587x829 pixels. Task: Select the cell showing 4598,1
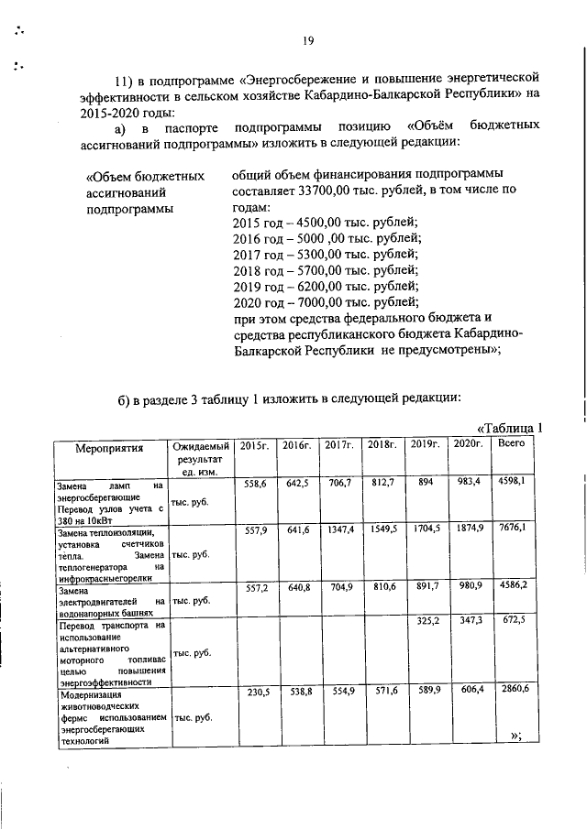tap(510, 482)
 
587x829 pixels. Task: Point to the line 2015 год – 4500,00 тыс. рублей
tap(325, 223)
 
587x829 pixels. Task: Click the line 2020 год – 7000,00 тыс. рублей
tap(325, 301)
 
